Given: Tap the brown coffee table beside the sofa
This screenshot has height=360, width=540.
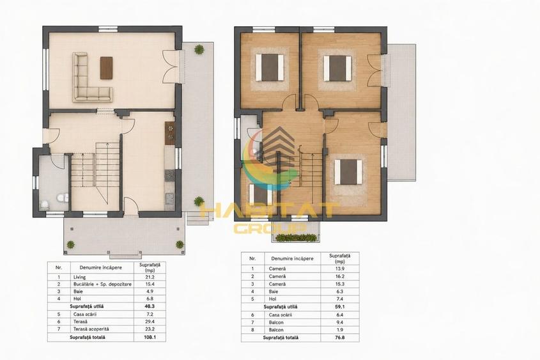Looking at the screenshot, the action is (x=107, y=68).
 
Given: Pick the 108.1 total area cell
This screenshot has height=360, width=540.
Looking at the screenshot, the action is (x=150, y=337).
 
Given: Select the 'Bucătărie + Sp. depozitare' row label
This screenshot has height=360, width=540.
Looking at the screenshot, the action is (x=102, y=284).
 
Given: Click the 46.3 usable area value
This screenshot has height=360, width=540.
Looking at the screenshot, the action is (x=150, y=306).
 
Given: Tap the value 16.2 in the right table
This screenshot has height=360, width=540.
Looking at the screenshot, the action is (x=340, y=276).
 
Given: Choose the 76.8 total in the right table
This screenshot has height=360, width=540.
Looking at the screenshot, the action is (x=340, y=338).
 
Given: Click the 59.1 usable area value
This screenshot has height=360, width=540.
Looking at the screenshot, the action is (x=340, y=306).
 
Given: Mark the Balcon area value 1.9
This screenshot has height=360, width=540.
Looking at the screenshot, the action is (x=340, y=330).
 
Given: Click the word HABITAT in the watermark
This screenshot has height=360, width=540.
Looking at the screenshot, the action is (x=268, y=211).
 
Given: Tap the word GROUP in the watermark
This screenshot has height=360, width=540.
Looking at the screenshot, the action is (x=270, y=228).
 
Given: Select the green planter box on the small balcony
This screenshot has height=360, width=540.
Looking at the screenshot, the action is (x=296, y=238).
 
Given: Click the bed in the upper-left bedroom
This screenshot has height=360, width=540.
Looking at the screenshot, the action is (x=270, y=67).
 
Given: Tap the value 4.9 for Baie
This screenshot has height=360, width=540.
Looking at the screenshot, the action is (x=150, y=292).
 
